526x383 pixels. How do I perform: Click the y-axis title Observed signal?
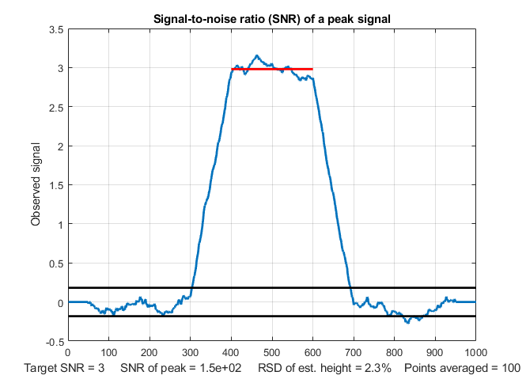[x=36, y=185]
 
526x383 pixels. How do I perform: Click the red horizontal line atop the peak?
[x=271, y=69]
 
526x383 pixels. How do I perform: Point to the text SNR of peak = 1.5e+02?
[x=181, y=369]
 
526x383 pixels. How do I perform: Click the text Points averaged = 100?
[x=462, y=369]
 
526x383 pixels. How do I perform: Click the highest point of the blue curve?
[x=257, y=55]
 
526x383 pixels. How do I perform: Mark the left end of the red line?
[x=232, y=69]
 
